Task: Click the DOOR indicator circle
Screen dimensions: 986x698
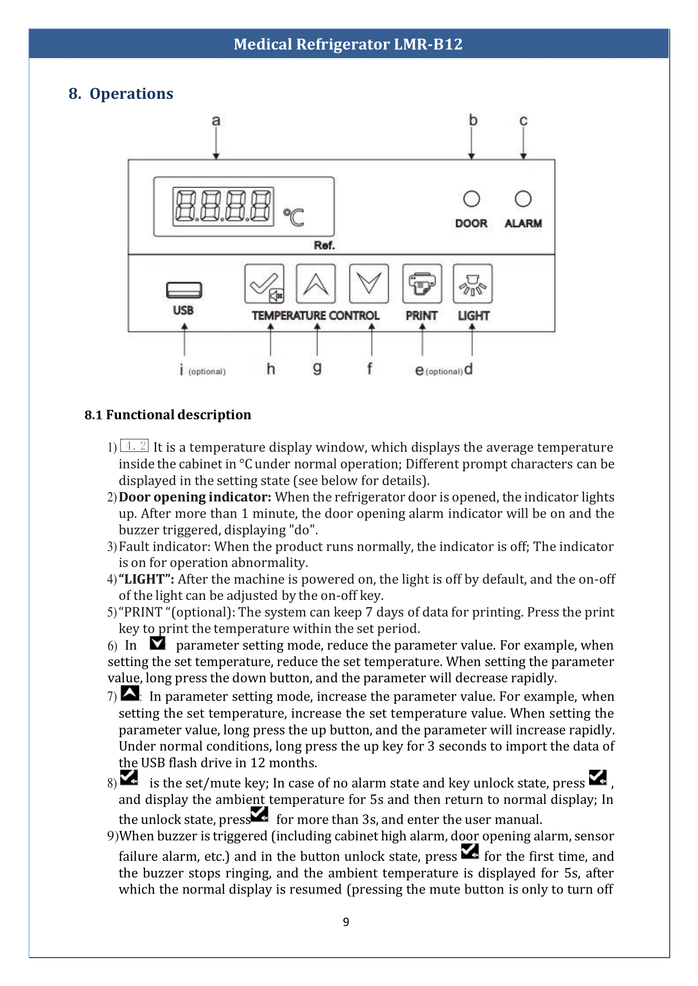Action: tap(471, 199)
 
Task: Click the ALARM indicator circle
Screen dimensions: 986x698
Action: tap(522, 199)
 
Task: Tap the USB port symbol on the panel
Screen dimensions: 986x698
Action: tap(184, 290)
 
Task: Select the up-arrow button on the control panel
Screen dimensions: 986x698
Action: tap(316, 284)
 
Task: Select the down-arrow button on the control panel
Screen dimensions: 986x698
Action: tap(369, 284)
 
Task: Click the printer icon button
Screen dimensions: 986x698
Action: tap(422, 284)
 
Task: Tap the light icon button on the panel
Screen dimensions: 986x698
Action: tap(472, 284)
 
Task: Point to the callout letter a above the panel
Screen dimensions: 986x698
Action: tap(216, 121)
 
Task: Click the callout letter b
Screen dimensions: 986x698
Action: tap(473, 120)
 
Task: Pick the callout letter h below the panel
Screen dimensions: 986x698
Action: tap(271, 368)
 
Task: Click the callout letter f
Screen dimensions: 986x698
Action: tap(369, 368)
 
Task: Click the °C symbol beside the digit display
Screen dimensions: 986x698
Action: tap(294, 217)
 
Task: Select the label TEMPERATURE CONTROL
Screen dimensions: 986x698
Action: tap(316, 316)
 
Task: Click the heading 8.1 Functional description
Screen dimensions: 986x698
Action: tap(168, 415)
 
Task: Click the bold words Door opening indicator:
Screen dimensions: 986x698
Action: tap(195, 497)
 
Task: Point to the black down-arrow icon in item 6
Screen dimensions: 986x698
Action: tap(157, 643)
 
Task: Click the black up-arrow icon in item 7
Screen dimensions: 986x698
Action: tap(130, 693)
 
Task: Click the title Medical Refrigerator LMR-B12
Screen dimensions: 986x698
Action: tap(348, 44)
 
